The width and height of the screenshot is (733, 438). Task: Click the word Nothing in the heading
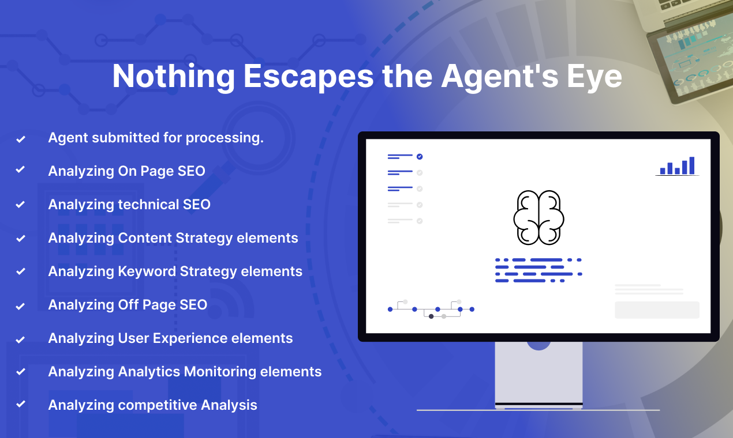tap(173, 77)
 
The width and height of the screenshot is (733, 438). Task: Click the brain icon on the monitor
tap(538, 217)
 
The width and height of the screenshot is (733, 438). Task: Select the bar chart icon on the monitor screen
tap(677, 166)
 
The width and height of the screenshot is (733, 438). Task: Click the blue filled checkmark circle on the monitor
tap(420, 157)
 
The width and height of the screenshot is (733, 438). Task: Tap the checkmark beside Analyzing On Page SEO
tap(20, 169)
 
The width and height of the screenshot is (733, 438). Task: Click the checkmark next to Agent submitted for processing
tap(21, 139)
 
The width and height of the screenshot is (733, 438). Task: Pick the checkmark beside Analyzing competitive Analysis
tap(21, 404)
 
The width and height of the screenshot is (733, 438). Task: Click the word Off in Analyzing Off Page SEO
tap(128, 305)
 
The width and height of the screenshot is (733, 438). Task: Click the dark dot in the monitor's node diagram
tap(431, 316)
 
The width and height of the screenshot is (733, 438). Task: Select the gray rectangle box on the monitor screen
tap(657, 309)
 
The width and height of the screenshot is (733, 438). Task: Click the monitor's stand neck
tap(538, 373)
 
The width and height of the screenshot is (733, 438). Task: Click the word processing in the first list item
tap(225, 138)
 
